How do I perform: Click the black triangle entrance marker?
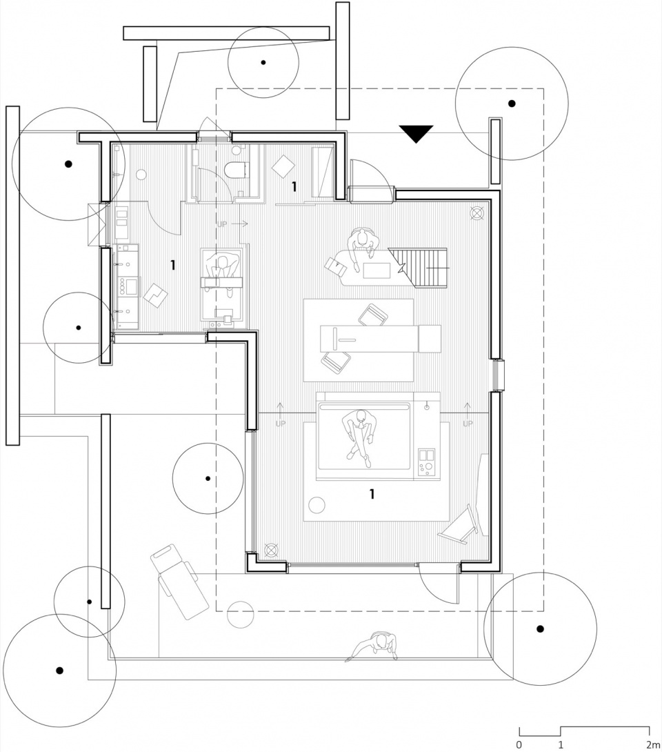416,133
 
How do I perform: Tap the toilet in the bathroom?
237,170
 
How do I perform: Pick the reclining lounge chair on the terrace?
179,582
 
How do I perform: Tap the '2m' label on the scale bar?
652,745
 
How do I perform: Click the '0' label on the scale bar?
519,745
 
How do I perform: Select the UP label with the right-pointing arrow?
233,224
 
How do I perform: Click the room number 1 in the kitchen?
172,265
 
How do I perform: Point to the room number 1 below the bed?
372,494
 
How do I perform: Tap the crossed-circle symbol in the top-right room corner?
477,213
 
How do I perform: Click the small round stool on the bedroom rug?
317,504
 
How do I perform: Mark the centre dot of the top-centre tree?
263,62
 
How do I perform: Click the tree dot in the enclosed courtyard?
208,478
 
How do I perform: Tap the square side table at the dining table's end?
430,339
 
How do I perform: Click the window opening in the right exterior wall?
499,375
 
